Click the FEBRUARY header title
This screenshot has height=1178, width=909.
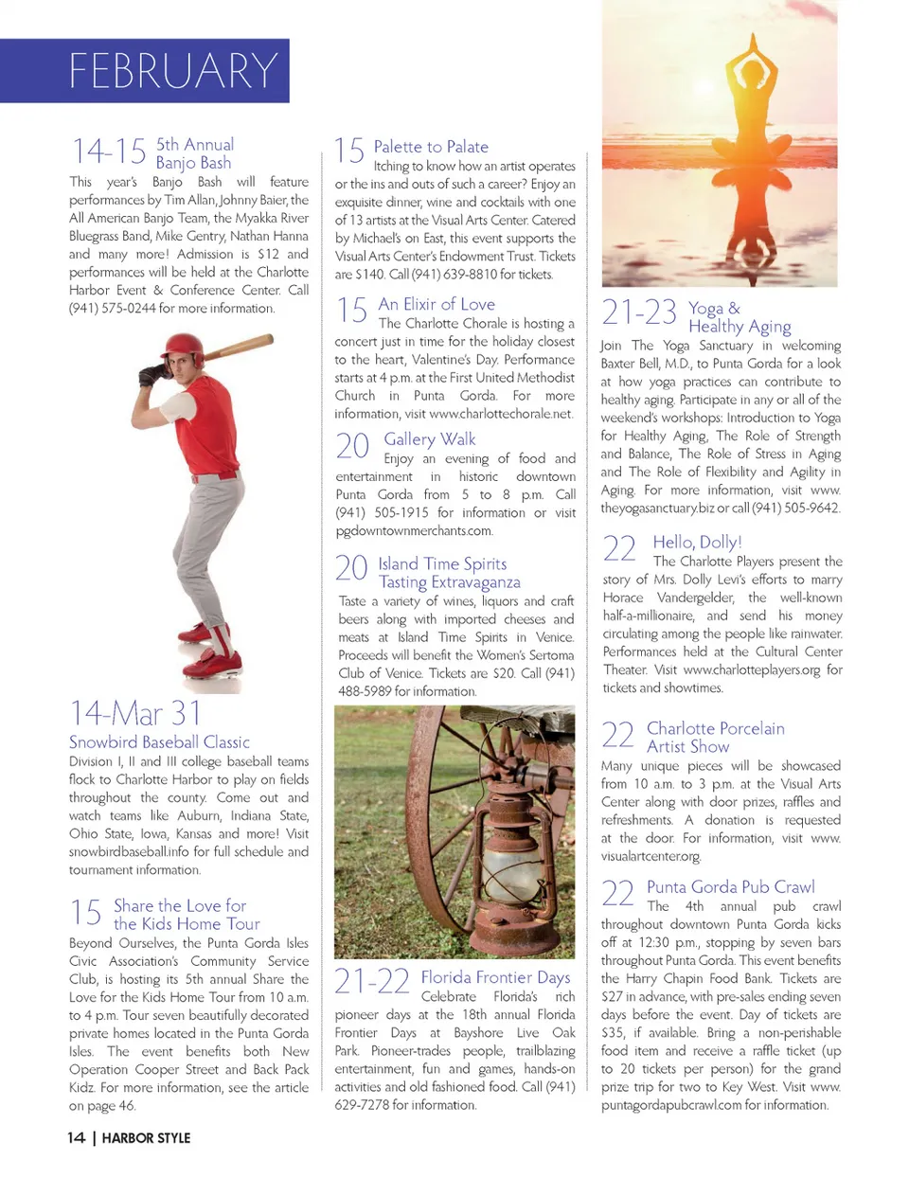[173, 71]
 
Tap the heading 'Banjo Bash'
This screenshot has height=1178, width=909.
[193, 163]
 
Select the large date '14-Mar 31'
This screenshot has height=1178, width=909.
[135, 713]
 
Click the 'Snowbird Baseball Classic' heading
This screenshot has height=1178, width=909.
[159, 741]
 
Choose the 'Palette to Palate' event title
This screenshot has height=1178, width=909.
[431, 147]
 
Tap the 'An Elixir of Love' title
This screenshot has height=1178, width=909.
[437, 304]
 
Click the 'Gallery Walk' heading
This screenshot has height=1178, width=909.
[430, 439]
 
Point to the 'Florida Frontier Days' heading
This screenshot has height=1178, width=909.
[495, 977]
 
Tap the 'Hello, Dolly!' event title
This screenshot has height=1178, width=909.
[697, 542]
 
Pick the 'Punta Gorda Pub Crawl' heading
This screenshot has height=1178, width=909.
[730, 887]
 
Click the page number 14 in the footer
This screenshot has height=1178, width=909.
[76, 1137]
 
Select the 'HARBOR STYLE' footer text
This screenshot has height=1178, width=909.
[146, 1137]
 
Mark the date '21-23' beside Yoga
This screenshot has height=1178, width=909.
[639, 312]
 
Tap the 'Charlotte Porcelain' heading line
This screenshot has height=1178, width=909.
[715, 728]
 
